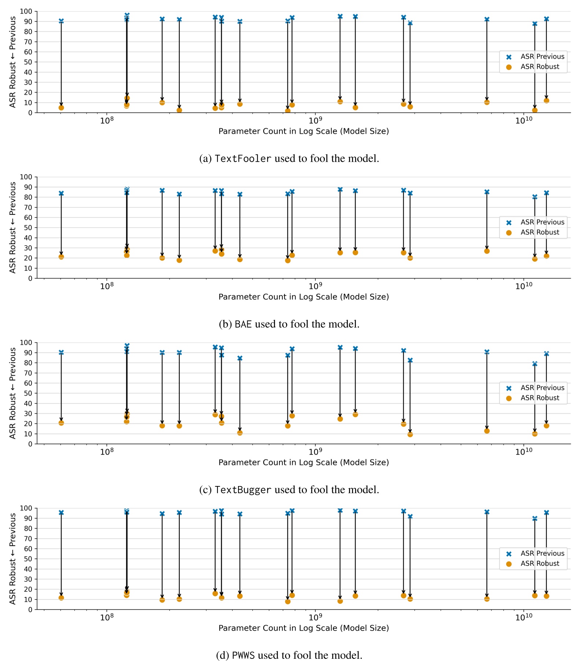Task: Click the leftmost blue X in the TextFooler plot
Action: click(61, 21)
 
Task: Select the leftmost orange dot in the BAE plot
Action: click(61, 257)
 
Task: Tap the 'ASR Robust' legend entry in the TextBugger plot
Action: click(539, 398)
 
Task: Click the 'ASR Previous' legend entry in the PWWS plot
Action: click(542, 553)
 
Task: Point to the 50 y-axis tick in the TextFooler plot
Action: click(28, 62)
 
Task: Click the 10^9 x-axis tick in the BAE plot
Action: click(315, 286)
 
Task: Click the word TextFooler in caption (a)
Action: click(243, 158)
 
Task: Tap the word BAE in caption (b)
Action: click(243, 324)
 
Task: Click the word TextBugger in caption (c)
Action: click(243, 490)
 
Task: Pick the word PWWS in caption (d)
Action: click(243, 655)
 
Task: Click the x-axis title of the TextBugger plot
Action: click(304, 462)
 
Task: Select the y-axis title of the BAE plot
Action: click(13, 227)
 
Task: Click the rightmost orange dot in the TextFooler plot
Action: click(546, 101)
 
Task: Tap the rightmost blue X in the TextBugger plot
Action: click(546, 354)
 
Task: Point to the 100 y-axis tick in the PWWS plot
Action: click(26, 508)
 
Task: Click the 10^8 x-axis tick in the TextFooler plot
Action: click(106, 121)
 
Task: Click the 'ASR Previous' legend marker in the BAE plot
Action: click(509, 223)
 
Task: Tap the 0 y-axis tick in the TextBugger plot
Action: click(30, 444)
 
